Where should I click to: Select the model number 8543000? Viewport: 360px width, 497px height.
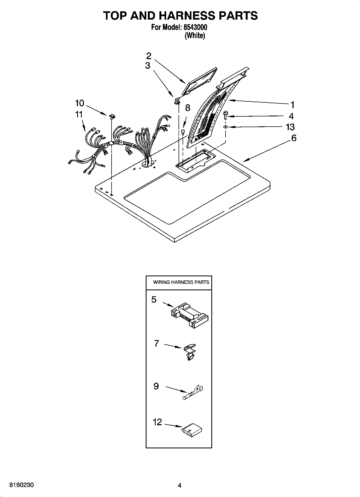pos(195,27)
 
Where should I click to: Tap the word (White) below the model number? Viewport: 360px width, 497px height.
pos(195,36)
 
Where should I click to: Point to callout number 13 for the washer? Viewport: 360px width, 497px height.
pos(290,127)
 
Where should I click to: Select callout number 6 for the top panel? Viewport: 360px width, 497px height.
pos(294,138)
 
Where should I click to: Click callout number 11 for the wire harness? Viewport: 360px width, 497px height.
pos(79,114)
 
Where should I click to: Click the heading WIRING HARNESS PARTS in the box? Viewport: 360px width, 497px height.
pos(181,282)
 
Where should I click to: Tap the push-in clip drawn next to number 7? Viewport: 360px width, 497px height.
pos(190,351)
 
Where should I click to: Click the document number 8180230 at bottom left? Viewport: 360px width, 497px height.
pos(22,485)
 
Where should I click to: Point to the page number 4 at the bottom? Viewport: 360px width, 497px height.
pos(180,485)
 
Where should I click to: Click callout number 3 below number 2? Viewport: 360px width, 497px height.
pos(147,65)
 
